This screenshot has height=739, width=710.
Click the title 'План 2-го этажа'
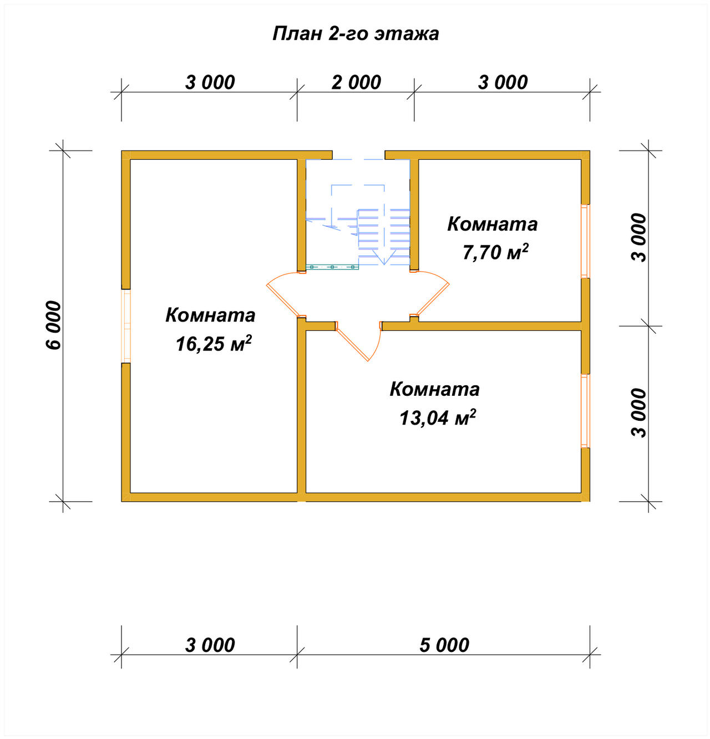click(355, 33)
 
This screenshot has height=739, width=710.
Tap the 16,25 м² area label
click(214, 344)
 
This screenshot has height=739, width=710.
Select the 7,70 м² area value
click(495, 252)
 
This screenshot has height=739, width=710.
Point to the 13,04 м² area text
click(438, 417)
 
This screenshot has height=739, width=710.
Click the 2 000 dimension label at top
click(356, 83)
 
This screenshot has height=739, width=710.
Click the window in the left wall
click(126, 326)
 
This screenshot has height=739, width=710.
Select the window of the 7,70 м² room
click(585, 242)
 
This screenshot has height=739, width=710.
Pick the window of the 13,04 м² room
click(585, 411)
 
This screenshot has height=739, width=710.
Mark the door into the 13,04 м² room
click(359, 342)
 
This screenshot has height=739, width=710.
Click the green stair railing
click(332, 267)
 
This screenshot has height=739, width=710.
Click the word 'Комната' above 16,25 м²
click(210, 315)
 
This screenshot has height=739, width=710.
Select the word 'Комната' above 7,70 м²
click(493, 224)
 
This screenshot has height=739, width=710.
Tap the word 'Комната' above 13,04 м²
click(434, 389)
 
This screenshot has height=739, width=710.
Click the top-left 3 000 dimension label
click(210, 83)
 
